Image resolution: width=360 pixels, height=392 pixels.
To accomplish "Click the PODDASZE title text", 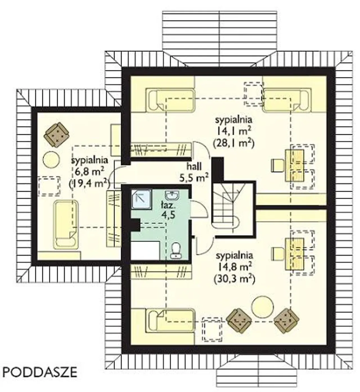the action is coord(40,373).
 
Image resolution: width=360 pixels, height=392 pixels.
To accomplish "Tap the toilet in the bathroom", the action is coord(176,251).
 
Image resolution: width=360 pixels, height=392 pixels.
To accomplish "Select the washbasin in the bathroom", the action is coord(172,195).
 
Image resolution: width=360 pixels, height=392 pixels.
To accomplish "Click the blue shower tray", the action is coord(141,199).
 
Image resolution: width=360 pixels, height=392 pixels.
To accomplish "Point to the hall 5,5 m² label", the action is coord(194,173).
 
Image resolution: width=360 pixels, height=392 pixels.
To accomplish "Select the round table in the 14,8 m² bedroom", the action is coord(262,307).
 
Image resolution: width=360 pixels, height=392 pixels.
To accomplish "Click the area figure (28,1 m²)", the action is coord(233,144).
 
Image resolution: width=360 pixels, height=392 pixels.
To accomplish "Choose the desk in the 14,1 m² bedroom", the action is coord(295,165).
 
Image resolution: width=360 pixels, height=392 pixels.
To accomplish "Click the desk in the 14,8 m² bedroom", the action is coord(295,254).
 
